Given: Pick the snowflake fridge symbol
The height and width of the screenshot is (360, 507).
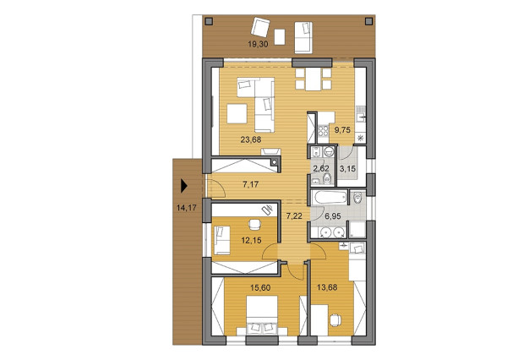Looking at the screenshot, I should pos(361,137).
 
